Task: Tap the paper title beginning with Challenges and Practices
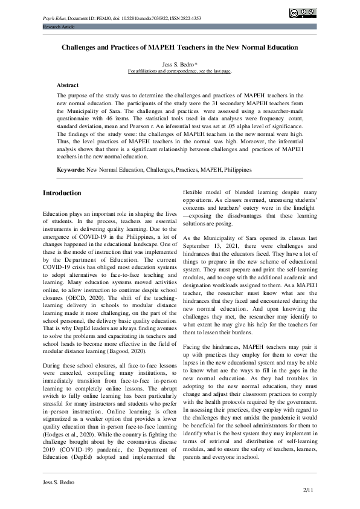tap(179, 47)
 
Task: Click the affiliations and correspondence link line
tap(179, 71)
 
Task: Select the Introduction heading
tap(62, 193)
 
